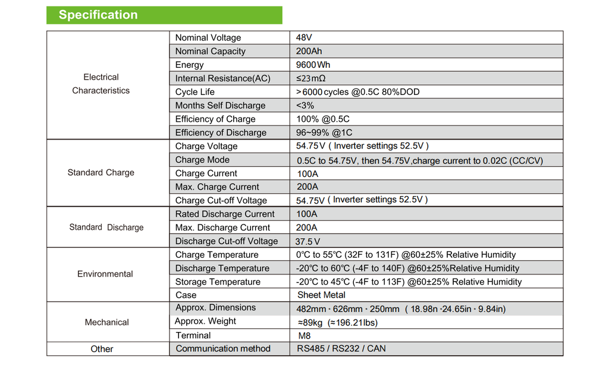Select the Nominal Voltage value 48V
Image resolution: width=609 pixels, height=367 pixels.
pyautogui.click(x=304, y=37)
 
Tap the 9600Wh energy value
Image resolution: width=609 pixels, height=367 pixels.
pyautogui.click(x=313, y=65)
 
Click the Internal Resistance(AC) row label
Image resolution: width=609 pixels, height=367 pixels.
pyautogui.click(x=222, y=78)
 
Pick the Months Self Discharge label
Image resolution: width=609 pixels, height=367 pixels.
pyautogui.click(x=220, y=106)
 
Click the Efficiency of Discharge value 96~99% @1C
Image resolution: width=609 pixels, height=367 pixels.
pyautogui.click(x=324, y=132)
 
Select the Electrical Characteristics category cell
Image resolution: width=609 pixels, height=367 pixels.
pyautogui.click(x=101, y=84)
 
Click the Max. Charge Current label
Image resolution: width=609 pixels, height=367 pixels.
pyautogui.click(x=216, y=187)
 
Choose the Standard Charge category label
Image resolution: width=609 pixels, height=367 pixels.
pyautogui.click(x=101, y=173)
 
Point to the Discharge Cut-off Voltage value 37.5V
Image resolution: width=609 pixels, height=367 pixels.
pyautogui.click(x=307, y=242)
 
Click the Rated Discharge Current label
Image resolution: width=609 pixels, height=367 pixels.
pyautogui.click(x=225, y=214)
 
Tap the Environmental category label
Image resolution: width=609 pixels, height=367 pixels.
pyautogui.click(x=105, y=274)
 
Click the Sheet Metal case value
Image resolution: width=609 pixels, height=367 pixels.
pyautogui.click(x=321, y=295)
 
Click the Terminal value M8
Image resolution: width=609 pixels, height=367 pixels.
pyautogui.click(x=304, y=336)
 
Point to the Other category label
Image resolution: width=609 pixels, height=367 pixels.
pyautogui.click(x=102, y=349)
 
